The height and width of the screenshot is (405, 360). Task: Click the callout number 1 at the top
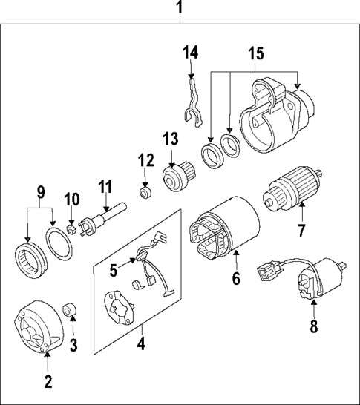tap(178, 9)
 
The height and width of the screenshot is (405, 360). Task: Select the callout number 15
tap(255, 55)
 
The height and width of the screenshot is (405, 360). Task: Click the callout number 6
tap(236, 279)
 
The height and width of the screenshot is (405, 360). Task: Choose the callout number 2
tap(48, 382)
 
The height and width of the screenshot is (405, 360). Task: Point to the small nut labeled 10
tap(71, 228)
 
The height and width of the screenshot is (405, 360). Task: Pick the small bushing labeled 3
tap(71, 307)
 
